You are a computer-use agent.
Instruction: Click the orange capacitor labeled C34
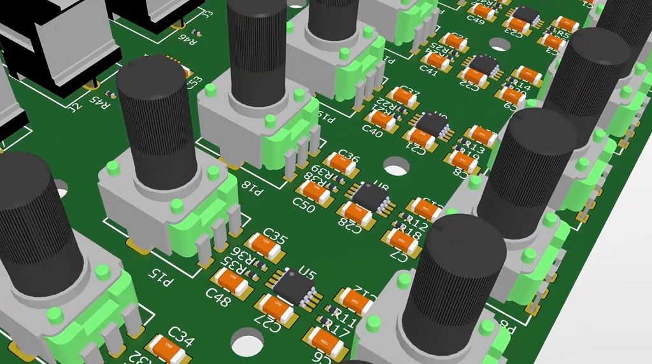[169, 347]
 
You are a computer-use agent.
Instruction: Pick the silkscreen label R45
[100, 99]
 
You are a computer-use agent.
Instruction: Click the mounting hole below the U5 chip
[247, 342]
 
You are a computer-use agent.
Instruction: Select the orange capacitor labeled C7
[400, 241]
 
